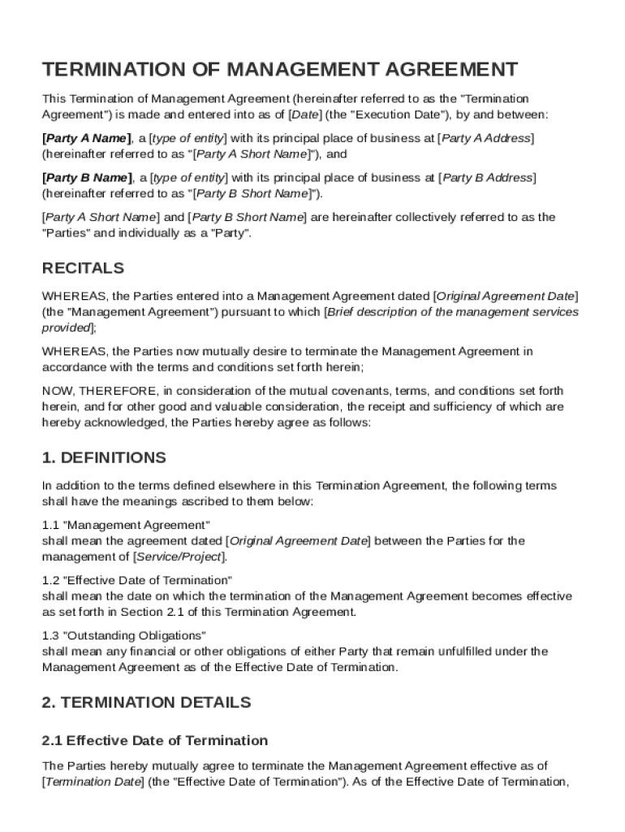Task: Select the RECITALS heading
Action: tap(83, 268)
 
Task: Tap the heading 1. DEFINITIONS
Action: tap(104, 457)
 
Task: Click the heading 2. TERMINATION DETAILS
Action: tap(146, 702)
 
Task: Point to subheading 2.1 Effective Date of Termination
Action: tap(154, 740)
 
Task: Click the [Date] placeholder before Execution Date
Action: tap(304, 115)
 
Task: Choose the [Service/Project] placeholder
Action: tap(179, 557)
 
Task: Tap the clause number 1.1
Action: tap(50, 525)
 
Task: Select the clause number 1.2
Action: tap(50, 580)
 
